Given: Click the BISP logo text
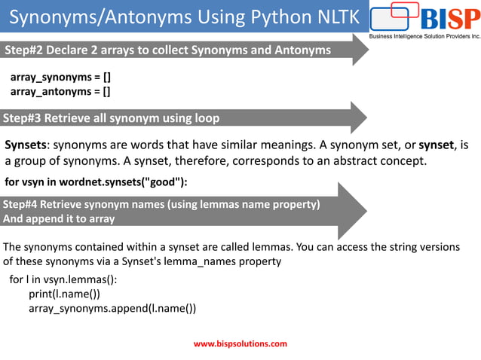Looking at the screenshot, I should (448, 19).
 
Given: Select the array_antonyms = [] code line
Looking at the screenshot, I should (60, 91).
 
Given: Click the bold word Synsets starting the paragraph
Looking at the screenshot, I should (26, 145).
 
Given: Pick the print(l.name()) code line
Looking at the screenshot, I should (64, 294).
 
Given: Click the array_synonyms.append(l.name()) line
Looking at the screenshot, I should (112, 308).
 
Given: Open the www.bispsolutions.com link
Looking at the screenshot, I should (240, 343).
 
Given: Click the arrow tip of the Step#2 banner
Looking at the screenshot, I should (367, 50).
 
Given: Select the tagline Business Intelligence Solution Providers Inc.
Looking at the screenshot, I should (424, 36).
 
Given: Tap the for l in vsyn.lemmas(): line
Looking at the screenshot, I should (63, 279).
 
